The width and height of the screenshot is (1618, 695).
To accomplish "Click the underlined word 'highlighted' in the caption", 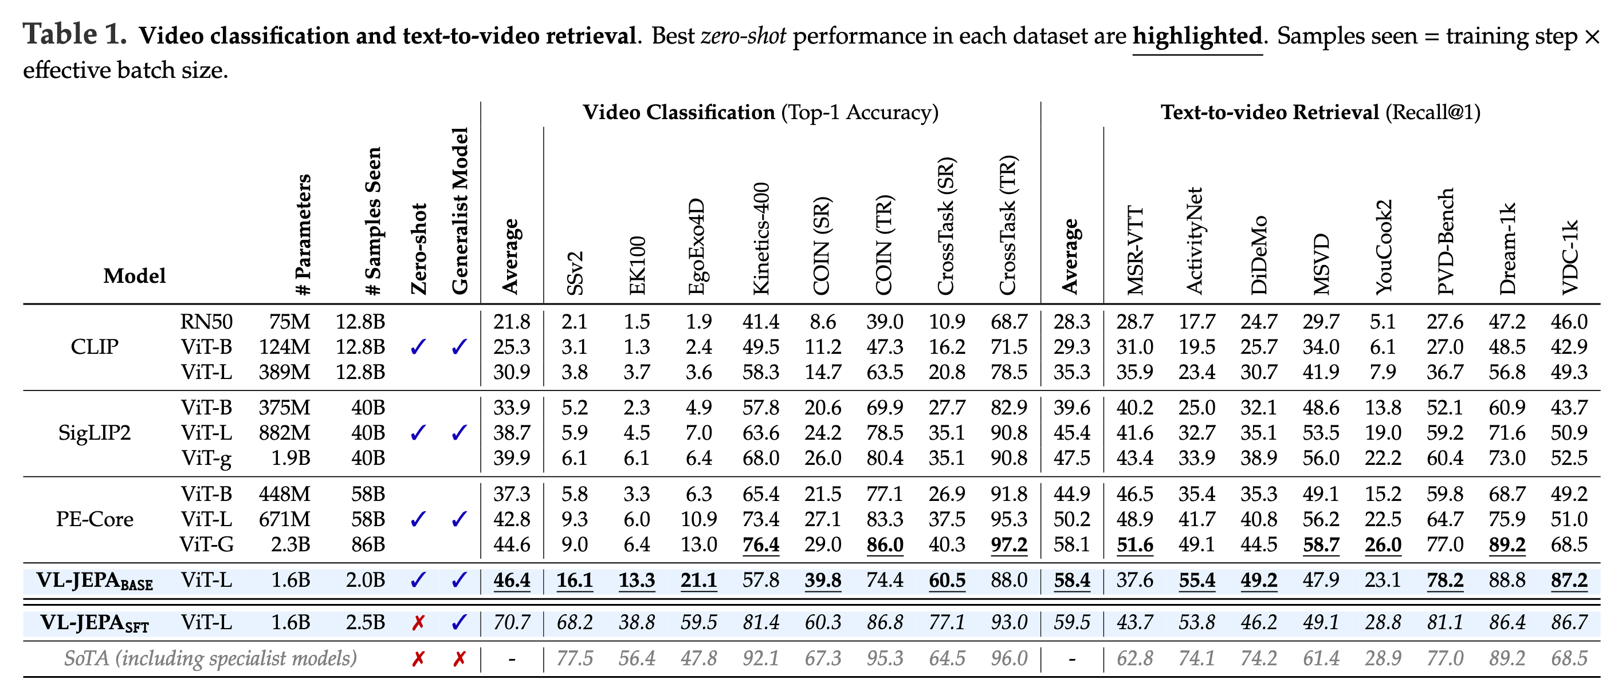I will pos(1197,37).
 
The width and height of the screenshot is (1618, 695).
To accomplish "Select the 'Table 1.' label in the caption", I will pos(74,34).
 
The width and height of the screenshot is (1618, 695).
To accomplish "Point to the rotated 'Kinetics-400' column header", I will pos(761,239).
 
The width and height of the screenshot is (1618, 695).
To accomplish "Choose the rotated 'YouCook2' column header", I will pos(1383,247).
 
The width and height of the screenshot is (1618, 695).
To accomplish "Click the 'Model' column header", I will pos(135,275).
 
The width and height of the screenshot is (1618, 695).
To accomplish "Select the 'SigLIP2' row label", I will pos(94,433).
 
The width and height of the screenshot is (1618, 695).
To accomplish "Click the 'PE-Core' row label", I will pos(94,519).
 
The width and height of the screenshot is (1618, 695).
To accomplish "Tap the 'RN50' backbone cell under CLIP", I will pos(206,321).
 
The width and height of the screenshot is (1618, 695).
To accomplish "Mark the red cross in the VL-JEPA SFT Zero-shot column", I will pos(418,623).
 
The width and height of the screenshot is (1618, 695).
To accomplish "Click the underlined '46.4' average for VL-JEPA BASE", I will pos(511,580).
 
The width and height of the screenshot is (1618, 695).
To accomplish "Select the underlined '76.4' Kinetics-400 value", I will pos(761,544).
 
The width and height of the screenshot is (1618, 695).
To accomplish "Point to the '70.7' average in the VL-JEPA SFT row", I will pos(511,622).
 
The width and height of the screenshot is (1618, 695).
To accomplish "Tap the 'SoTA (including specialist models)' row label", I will pos(210,658).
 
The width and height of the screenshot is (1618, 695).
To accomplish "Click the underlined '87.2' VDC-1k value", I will pos(1569,580).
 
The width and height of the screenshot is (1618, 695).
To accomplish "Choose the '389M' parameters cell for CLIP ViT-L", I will pos(285,372).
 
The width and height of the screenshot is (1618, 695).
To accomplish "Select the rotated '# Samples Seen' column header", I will pos(373,221).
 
